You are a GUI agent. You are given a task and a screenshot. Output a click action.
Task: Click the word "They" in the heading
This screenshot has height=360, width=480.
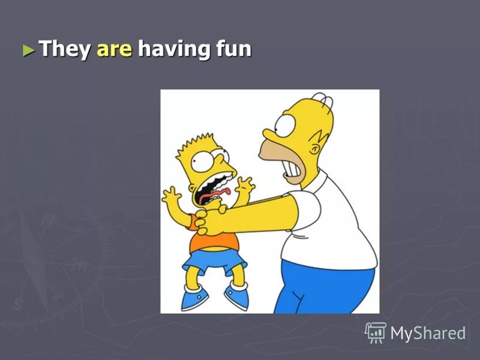point(64,49)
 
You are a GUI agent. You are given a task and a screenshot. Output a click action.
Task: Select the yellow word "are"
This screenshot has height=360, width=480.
point(113,49)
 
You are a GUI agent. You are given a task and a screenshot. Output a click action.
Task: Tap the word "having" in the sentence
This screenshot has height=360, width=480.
point(170,49)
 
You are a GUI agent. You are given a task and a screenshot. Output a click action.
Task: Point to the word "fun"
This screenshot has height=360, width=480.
point(231,49)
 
